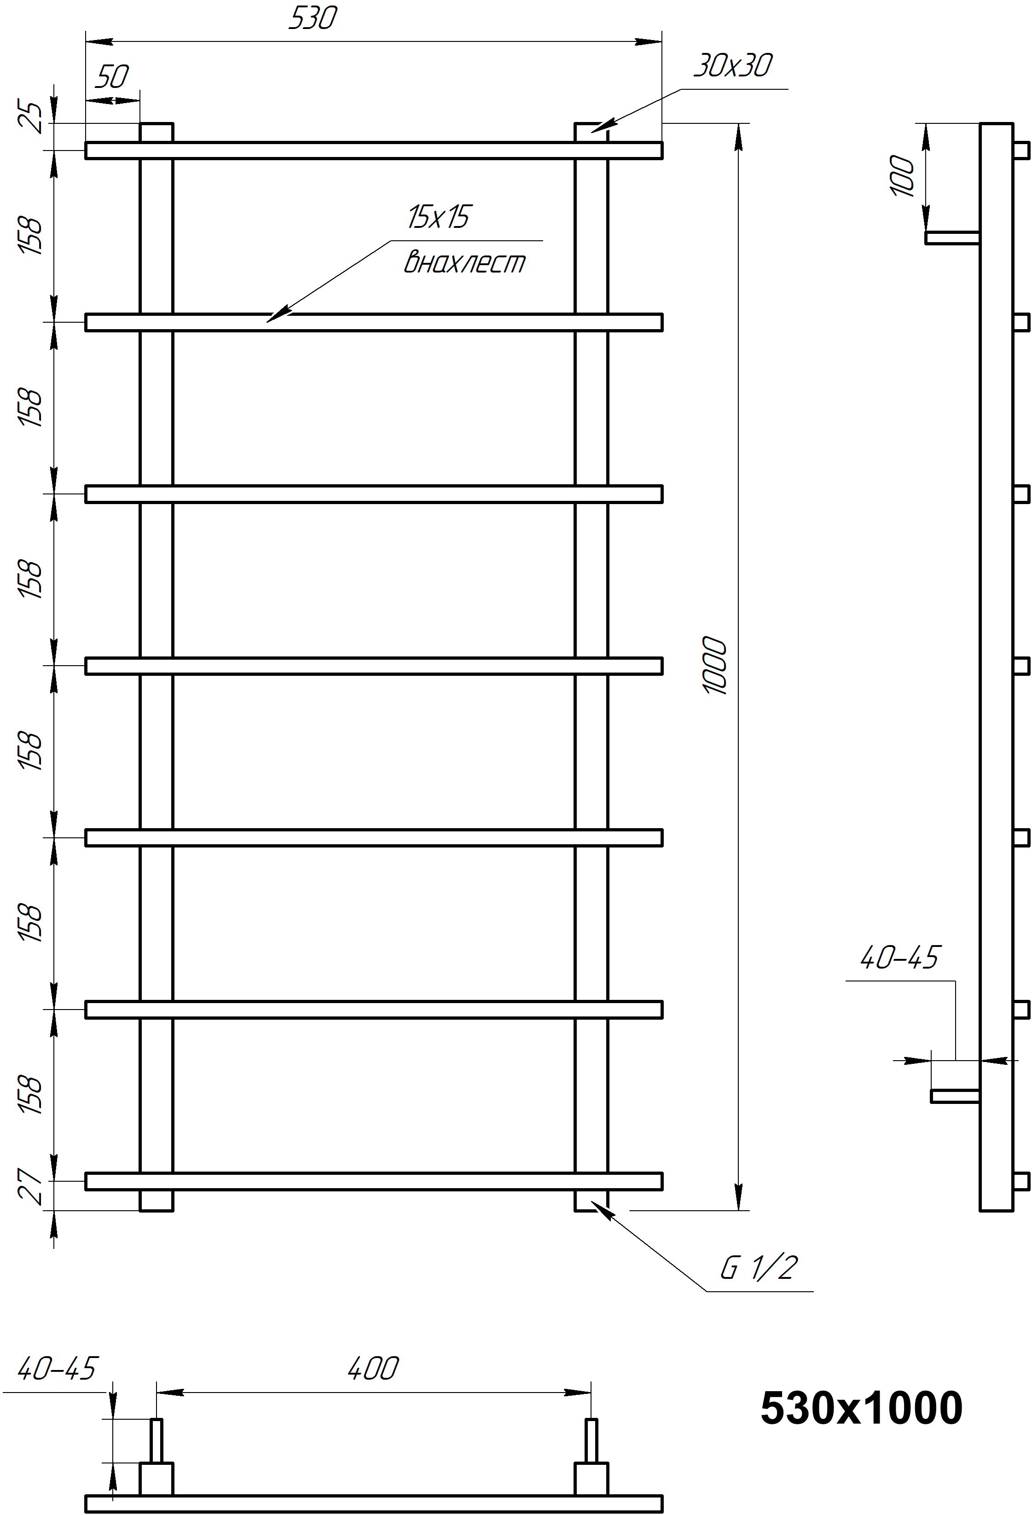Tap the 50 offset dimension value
pyautogui.click(x=112, y=77)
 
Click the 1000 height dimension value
pyautogui.click(x=715, y=666)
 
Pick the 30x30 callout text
pyautogui.click(x=732, y=65)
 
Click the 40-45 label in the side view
pyautogui.click(x=899, y=957)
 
